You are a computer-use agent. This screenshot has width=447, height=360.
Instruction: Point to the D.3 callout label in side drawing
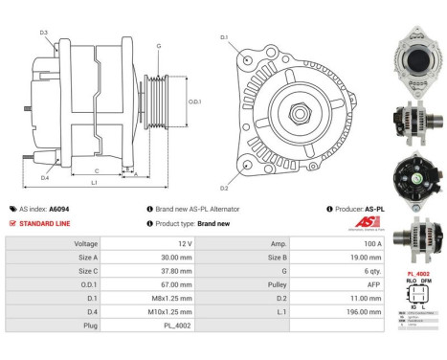44,33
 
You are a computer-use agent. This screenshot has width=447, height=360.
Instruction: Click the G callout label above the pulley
158,46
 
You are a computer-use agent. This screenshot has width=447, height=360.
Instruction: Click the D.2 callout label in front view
225,189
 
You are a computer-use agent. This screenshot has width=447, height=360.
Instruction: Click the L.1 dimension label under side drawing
92,182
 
